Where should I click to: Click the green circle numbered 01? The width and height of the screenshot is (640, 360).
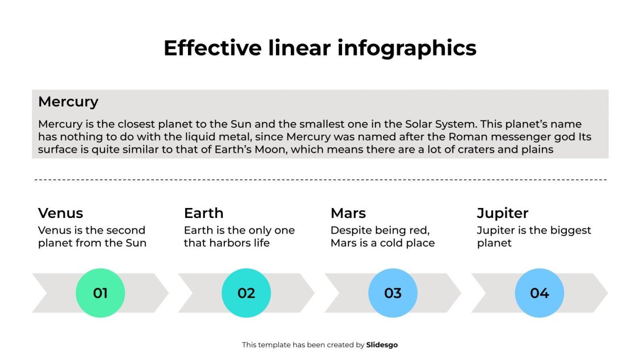[x=100, y=293]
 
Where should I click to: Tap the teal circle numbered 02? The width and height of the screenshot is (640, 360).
[x=246, y=293]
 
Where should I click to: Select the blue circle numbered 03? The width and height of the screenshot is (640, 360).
[x=393, y=293]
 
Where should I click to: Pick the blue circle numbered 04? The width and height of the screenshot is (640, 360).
[x=539, y=293]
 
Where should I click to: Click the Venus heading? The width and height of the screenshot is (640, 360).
[x=60, y=213]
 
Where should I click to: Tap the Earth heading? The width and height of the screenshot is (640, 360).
[x=203, y=213]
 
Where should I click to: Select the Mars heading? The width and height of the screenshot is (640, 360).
[x=348, y=213]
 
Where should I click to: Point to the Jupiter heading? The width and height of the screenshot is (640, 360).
[x=502, y=213]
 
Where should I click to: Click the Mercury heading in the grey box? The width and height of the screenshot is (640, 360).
[x=68, y=101]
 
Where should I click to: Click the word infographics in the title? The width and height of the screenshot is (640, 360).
[x=407, y=48]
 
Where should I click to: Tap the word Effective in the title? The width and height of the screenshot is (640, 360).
[x=212, y=48]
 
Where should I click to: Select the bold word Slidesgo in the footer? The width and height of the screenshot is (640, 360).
[x=382, y=345]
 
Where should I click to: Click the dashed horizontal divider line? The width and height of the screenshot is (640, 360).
[x=320, y=180]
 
